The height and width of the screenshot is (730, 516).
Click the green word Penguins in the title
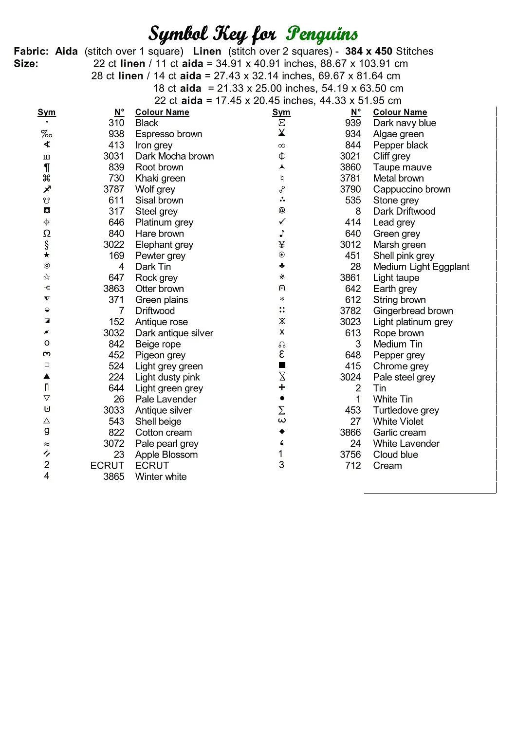tap(322, 34)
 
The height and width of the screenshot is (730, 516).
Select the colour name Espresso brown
tap(168, 134)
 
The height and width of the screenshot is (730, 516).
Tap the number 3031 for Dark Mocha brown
tap(113, 156)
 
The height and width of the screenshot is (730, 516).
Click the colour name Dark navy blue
tap(405, 123)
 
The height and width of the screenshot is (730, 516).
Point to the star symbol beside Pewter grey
tap(47, 255)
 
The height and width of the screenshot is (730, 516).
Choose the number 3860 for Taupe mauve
tap(350, 167)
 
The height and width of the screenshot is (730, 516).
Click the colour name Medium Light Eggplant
tap(421, 267)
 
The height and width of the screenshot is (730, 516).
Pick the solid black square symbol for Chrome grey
tap(282, 365)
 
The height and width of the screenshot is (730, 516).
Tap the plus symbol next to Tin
tap(282, 387)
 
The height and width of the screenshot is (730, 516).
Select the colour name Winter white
tap(161, 477)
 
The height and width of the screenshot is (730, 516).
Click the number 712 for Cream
tap(353, 466)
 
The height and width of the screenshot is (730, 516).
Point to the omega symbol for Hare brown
tap(47, 234)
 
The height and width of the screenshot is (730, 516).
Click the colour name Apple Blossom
tap(166, 455)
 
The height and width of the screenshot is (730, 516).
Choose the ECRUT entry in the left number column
tap(107, 466)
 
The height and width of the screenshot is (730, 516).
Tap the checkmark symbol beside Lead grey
tap(282, 221)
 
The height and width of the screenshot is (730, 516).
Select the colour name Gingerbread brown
tap(413, 311)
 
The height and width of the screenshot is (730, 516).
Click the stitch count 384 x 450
tap(369, 52)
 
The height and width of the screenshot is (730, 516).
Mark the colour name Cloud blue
tap(395, 455)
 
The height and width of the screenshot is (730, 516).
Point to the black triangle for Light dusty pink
tap(47, 376)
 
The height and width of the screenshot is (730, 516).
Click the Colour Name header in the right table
tap(400, 112)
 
